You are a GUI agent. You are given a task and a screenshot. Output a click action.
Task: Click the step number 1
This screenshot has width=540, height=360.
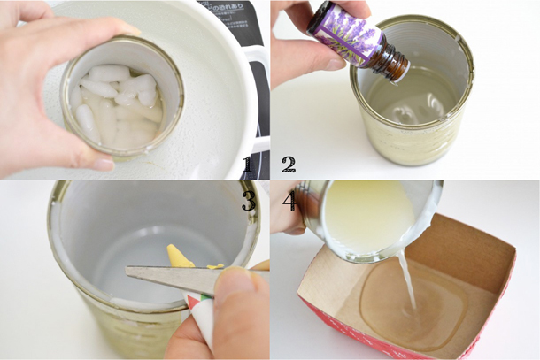click(247, 164)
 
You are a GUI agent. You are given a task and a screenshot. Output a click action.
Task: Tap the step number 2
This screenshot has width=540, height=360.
click(288, 164)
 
